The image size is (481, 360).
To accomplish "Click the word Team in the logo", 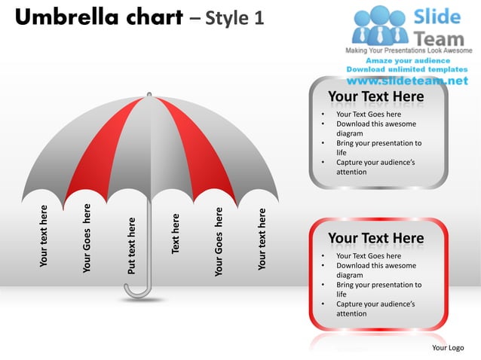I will pyautogui.click(x=439, y=35).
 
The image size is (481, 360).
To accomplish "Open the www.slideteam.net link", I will pyautogui.click(x=407, y=80).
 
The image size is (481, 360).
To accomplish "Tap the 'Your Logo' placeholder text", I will pyautogui.click(x=448, y=347).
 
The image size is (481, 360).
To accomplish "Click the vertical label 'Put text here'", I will pyautogui.click(x=131, y=246).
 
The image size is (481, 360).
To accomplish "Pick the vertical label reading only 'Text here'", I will pyautogui.click(x=176, y=233).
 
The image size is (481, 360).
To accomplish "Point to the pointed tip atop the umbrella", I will pyautogui.click(x=149, y=95).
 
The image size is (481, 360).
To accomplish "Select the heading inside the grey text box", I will pyautogui.click(x=375, y=97).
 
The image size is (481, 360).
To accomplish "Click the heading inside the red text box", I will pyautogui.click(x=375, y=239).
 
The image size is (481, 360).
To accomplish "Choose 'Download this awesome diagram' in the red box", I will pyautogui.click(x=375, y=270).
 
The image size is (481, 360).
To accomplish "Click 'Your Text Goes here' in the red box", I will pyautogui.click(x=368, y=256).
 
